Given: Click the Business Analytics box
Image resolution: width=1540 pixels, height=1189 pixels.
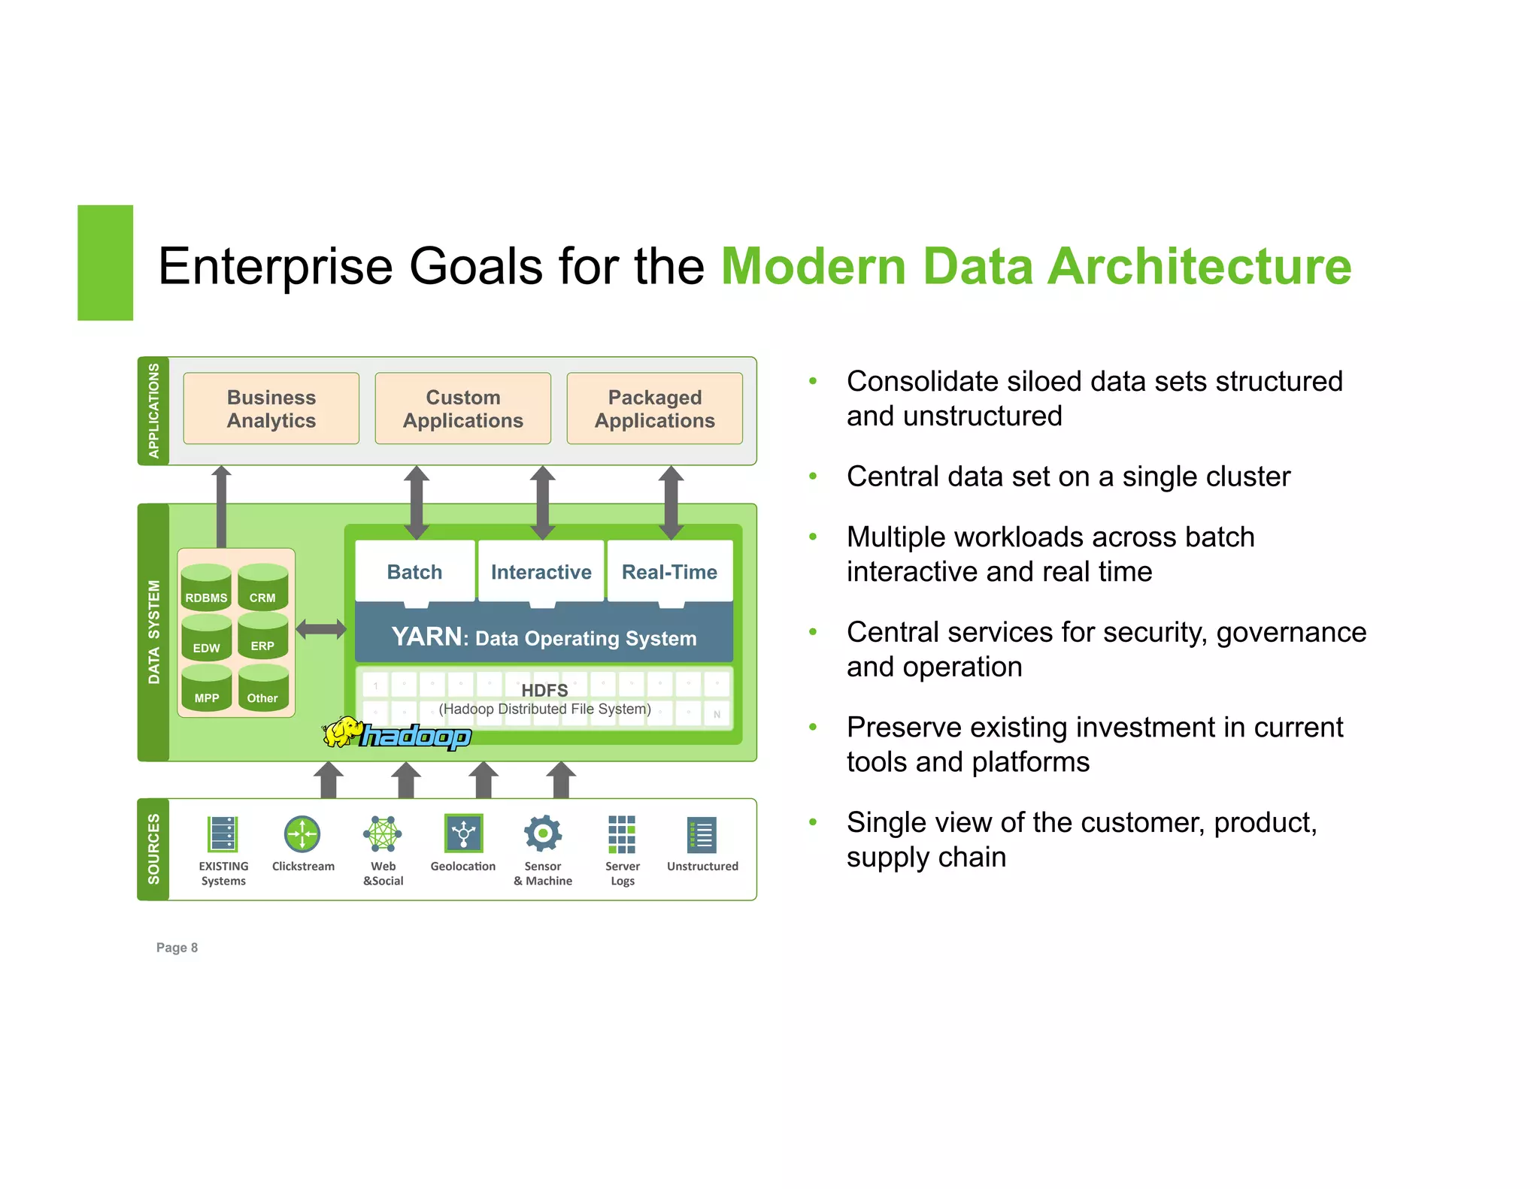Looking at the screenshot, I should click(271, 408).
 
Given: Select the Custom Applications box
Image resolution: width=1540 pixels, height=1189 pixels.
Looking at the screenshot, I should click(462, 408).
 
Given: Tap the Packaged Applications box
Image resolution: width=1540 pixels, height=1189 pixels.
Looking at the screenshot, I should click(654, 408).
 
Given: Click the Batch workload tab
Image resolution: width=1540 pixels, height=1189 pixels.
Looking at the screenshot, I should click(414, 571).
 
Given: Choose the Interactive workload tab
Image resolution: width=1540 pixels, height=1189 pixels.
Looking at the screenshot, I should click(541, 571).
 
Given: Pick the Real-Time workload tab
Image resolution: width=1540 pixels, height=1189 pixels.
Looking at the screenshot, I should click(669, 571).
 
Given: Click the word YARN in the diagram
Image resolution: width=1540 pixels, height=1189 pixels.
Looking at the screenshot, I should click(426, 637).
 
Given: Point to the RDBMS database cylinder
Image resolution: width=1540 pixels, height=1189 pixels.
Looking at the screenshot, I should click(206, 587).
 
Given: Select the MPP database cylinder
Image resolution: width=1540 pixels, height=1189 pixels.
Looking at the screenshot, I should click(206, 688).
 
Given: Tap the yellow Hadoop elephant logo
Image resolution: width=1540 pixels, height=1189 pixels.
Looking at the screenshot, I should click(342, 732).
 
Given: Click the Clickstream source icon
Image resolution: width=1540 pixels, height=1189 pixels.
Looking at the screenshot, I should click(302, 834).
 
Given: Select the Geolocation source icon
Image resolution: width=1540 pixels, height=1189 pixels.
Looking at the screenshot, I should click(463, 834).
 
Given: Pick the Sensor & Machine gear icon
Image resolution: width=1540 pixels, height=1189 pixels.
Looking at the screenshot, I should click(543, 834).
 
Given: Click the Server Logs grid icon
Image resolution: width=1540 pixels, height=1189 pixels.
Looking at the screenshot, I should click(622, 834).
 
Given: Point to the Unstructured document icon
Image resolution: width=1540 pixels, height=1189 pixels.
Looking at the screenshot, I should click(702, 834).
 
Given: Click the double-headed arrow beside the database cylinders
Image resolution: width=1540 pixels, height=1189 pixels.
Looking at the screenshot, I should click(321, 629).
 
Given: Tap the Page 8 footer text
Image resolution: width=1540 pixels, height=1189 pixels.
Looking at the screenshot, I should click(177, 947).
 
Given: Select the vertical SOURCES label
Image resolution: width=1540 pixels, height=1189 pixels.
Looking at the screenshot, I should click(154, 849).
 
